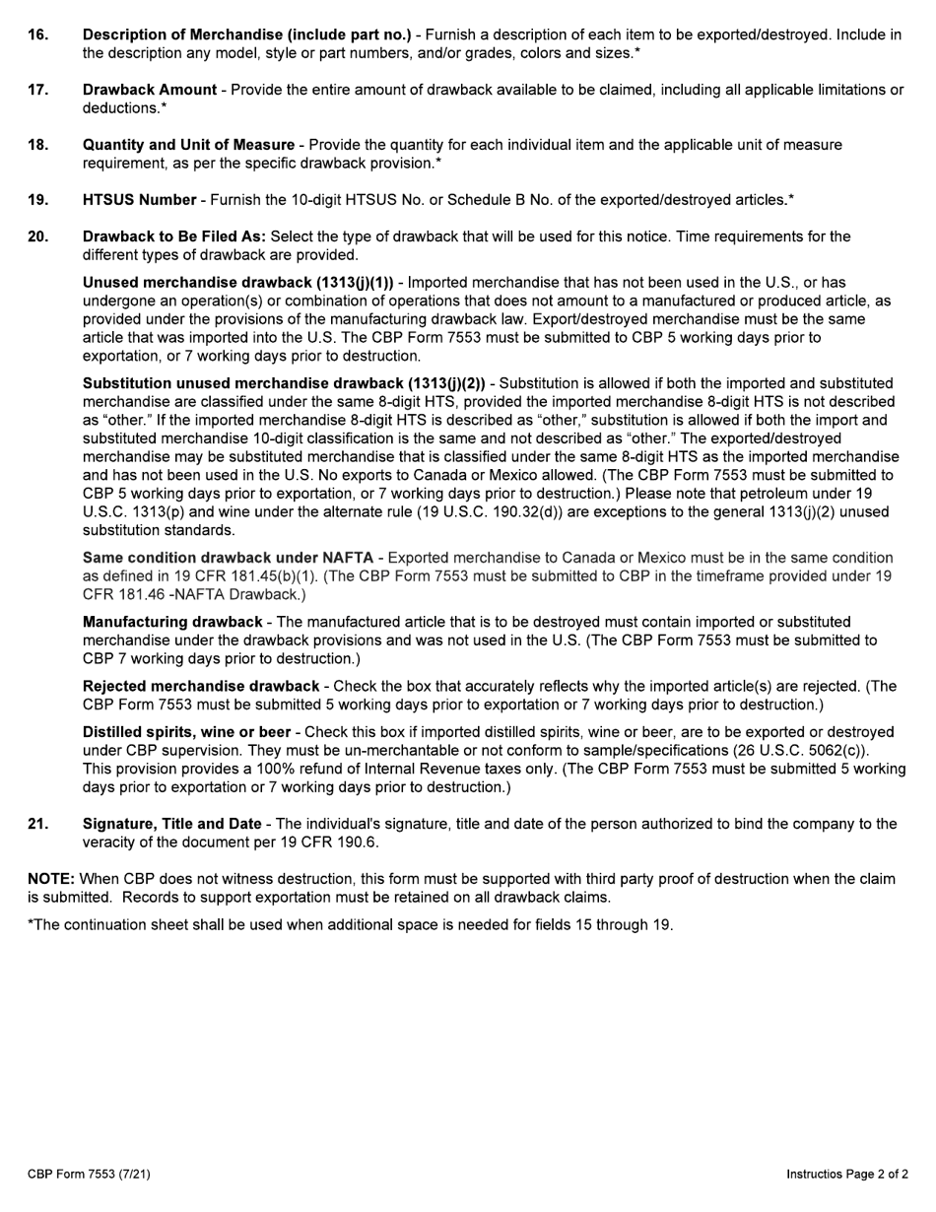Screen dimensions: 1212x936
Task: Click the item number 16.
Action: (x=37, y=34)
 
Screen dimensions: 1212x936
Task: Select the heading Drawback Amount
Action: (x=150, y=90)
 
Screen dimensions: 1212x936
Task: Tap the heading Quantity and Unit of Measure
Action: (x=188, y=145)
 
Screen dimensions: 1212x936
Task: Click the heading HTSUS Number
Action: (x=139, y=200)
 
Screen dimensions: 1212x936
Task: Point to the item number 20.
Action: (x=37, y=236)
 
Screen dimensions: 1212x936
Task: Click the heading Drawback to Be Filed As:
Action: (x=174, y=236)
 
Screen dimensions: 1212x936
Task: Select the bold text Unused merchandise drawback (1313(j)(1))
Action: (x=237, y=283)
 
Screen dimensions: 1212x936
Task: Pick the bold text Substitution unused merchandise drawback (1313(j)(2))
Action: (x=284, y=383)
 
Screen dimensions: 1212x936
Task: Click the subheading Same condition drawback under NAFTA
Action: (x=228, y=558)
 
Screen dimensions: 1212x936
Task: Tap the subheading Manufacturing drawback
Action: (x=172, y=622)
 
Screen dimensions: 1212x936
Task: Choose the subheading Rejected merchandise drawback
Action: (x=201, y=686)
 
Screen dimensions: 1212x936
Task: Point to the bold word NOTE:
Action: (x=51, y=879)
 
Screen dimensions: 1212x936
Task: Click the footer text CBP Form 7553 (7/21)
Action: (x=89, y=1174)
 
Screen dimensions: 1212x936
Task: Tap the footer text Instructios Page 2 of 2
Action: (x=847, y=1174)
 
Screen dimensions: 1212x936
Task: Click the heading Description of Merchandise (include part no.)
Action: (x=246, y=34)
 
